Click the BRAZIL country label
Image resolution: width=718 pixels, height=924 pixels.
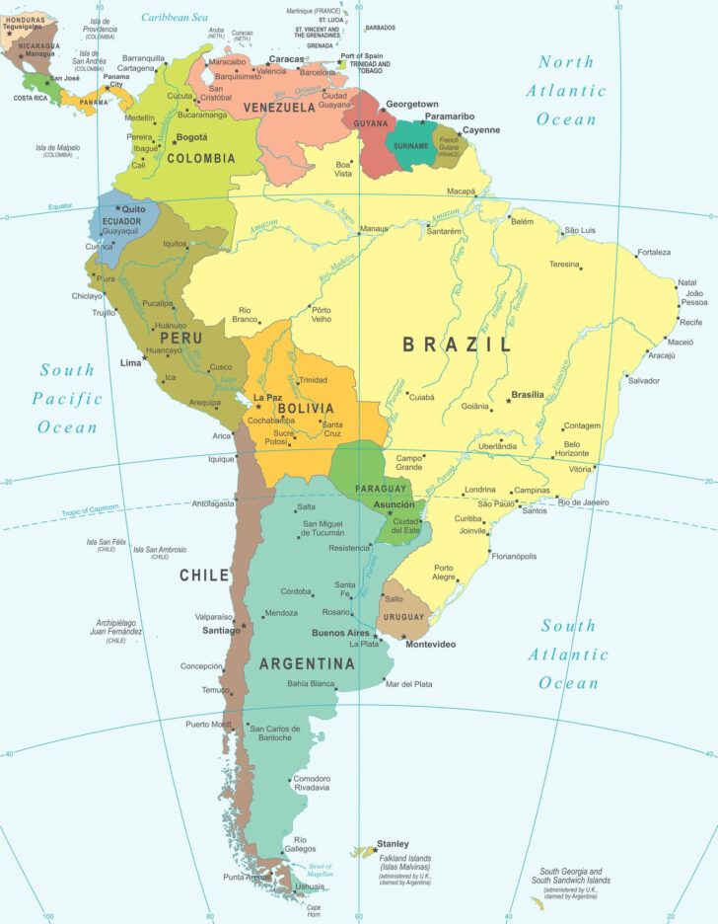tap(457, 345)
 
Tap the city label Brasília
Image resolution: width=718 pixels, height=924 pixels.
tap(527, 395)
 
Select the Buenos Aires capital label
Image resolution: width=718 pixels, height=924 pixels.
tap(340, 633)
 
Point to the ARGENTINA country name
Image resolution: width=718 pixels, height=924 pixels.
tap(306, 664)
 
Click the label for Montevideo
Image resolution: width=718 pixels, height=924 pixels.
tap(431, 645)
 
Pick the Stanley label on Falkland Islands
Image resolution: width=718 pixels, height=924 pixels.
tap(393, 844)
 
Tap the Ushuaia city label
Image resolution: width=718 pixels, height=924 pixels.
tap(310, 886)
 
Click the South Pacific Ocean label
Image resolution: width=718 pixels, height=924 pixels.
tap(67, 398)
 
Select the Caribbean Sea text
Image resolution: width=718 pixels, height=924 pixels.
tap(175, 17)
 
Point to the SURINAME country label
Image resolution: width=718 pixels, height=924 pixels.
tap(410, 146)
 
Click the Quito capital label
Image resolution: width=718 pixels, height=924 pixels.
tap(134, 209)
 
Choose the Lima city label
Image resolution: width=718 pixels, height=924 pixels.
tap(130, 363)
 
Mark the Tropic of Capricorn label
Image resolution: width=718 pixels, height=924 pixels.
tap(90, 508)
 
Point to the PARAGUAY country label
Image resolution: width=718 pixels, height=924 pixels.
tap(382, 489)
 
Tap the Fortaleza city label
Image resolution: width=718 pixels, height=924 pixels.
tap(654, 253)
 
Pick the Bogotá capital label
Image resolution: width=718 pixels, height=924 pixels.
tap(191, 137)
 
